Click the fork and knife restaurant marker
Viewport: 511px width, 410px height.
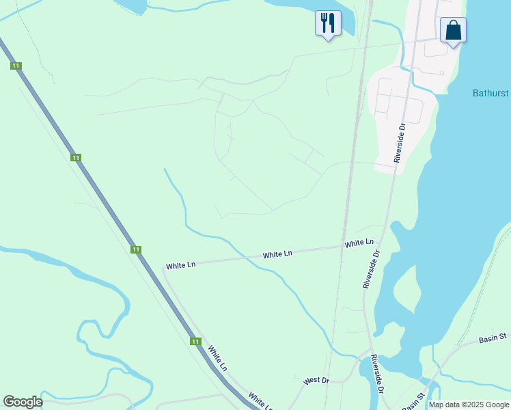(x=328, y=23)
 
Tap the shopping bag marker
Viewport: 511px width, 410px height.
(x=453, y=30)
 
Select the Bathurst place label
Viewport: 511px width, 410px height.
(x=490, y=93)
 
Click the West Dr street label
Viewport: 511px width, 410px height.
(x=316, y=380)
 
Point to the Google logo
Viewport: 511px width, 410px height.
(x=23, y=402)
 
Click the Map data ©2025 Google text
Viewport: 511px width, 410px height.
(x=469, y=405)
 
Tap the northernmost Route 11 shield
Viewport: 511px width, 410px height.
(x=16, y=66)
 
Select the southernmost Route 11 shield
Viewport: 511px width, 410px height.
(x=196, y=341)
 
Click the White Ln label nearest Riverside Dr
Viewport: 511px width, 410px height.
(x=359, y=243)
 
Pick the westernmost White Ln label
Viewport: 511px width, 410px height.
(x=181, y=264)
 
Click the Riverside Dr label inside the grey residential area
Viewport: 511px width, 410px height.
(x=400, y=142)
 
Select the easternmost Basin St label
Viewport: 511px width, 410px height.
(x=492, y=338)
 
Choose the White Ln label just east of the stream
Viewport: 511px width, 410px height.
(x=278, y=254)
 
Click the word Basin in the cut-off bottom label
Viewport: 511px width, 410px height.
(x=411, y=405)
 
